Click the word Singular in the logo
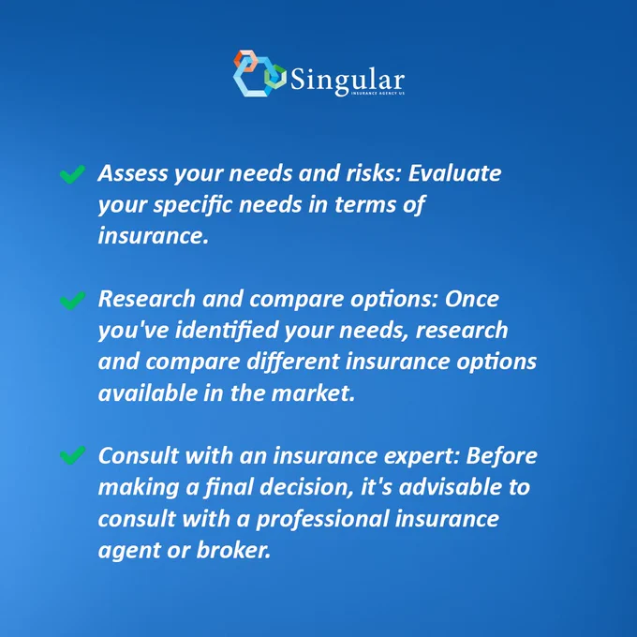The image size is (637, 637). click(348, 80)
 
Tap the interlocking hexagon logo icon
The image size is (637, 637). click(259, 73)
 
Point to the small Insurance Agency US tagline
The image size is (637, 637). click(378, 94)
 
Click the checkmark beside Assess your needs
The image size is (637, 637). click(72, 174)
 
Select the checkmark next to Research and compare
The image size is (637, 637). click(72, 301)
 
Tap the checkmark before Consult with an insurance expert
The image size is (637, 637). click(72, 455)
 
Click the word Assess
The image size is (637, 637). click(133, 173)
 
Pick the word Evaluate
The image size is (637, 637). click(454, 173)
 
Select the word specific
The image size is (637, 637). click(193, 205)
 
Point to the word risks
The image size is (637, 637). click(374, 173)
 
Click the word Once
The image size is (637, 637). click(471, 300)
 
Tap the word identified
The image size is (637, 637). click(226, 330)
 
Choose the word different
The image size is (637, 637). click(293, 362)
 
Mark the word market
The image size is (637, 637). click(313, 393)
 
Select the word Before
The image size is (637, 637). click(502, 456)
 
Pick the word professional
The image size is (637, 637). click(322, 520)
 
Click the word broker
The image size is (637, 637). click(233, 550)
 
